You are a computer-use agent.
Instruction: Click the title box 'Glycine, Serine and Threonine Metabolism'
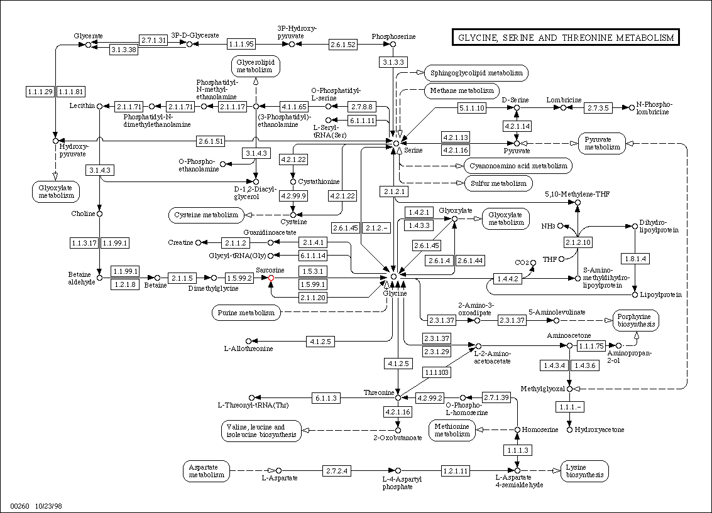pos(566,38)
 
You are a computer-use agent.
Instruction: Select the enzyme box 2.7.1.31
pos(154,40)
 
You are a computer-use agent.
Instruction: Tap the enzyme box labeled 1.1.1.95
pos(241,44)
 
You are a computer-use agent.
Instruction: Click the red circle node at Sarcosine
pos(271,277)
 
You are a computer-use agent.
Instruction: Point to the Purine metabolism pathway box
pos(246,312)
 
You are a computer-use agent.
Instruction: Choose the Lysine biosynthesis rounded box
pos(585,471)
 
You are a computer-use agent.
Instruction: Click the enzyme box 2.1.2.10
pos(578,242)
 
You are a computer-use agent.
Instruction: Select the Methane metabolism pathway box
pos(463,90)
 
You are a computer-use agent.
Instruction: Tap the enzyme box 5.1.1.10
pos(471,108)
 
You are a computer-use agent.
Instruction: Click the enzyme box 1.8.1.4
pos(635,259)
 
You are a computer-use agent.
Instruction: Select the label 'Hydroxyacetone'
pos(601,429)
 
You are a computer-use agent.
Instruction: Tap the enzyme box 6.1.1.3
pos(327,397)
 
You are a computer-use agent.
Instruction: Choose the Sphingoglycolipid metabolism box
pos(476,73)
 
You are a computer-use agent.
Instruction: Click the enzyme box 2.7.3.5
pos(598,108)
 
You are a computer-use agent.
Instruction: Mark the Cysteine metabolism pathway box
pos(205,215)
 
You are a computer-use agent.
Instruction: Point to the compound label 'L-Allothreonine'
pos(249,348)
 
